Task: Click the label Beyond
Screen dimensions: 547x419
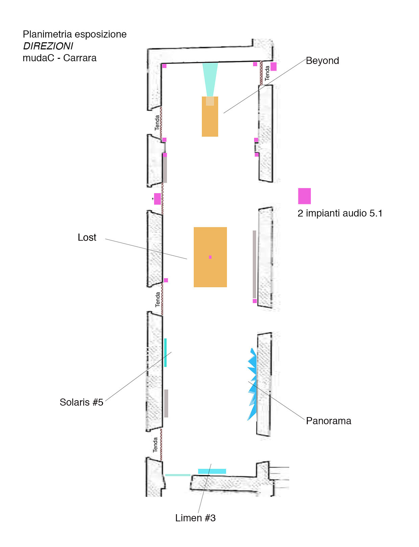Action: pos(322,61)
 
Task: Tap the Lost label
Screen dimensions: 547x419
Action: pos(87,237)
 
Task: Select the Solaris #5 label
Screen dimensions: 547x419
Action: pos(81,402)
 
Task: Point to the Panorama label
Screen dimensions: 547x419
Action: pos(328,421)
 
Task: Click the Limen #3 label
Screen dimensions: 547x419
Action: pos(195,518)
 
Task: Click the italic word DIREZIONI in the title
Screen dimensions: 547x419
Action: pos(48,46)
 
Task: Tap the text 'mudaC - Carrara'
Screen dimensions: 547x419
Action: pos(59,58)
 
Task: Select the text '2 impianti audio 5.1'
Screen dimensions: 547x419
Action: pos(340,213)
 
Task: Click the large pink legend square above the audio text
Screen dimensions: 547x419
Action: pos(304,196)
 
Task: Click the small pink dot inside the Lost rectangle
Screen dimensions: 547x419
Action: pos(210,257)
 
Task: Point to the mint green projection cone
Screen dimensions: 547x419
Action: pos(210,78)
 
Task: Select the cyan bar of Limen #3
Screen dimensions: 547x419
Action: pos(212,471)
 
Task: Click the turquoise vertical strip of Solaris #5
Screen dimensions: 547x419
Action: pos(165,352)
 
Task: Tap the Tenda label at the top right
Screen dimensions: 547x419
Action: pos(267,73)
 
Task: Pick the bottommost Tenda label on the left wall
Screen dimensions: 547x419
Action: pos(155,445)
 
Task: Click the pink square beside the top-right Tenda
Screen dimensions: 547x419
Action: pos(273,66)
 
